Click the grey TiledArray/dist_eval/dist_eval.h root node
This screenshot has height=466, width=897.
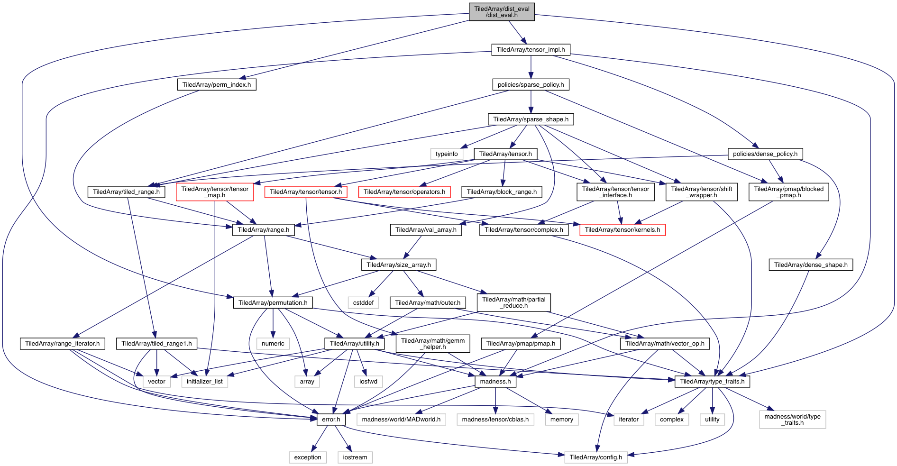[502, 12]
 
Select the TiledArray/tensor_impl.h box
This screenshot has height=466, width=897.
[531, 49]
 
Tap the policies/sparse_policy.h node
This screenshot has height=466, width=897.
[531, 84]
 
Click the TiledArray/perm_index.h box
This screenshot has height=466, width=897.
[217, 84]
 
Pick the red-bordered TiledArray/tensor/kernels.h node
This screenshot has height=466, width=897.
[622, 229]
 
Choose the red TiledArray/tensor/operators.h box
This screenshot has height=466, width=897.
[404, 192]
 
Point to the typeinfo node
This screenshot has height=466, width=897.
[447, 154]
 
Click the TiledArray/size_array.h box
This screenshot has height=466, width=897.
[399, 265]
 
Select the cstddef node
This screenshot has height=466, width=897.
[363, 302]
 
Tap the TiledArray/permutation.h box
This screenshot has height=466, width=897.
[273, 302]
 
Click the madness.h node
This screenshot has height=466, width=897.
[495, 381]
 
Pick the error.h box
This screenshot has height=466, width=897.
[331, 419]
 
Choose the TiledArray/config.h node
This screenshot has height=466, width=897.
[595, 457]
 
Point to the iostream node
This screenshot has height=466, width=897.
[355, 457]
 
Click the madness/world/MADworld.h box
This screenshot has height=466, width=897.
[401, 419]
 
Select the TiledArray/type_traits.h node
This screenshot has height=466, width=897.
[712, 381]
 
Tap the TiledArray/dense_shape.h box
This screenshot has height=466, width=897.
[811, 265]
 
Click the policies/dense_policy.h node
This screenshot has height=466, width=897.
[765, 154]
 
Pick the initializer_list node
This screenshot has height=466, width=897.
[204, 381]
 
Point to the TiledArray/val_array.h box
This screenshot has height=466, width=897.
[426, 229]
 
